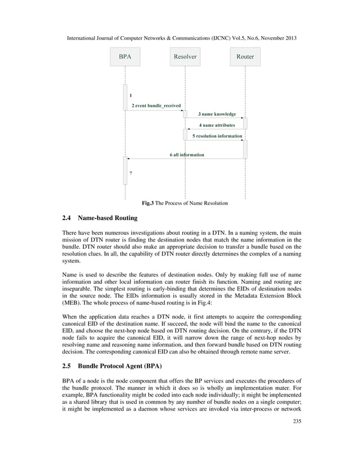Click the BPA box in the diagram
pos(125,57)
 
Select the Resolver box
pos(185,57)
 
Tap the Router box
pos(245,57)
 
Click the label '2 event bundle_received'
pos(156,105)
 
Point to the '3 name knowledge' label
pos(217,115)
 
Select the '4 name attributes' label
pos(217,125)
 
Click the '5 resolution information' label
pos(217,136)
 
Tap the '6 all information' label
pos(187,155)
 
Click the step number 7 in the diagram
pos(131,173)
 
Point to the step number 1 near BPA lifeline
pos(131,95)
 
